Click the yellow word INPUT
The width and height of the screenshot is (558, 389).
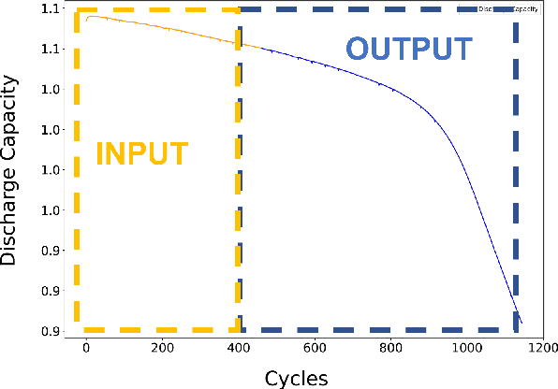click(142, 152)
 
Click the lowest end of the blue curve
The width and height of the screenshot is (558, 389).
click(521, 324)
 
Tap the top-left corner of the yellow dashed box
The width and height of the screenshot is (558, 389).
click(79, 10)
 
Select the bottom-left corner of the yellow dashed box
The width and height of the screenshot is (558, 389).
click(79, 329)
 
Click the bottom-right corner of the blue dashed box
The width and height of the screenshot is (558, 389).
click(516, 329)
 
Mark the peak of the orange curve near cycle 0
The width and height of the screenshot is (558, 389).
click(89, 17)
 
